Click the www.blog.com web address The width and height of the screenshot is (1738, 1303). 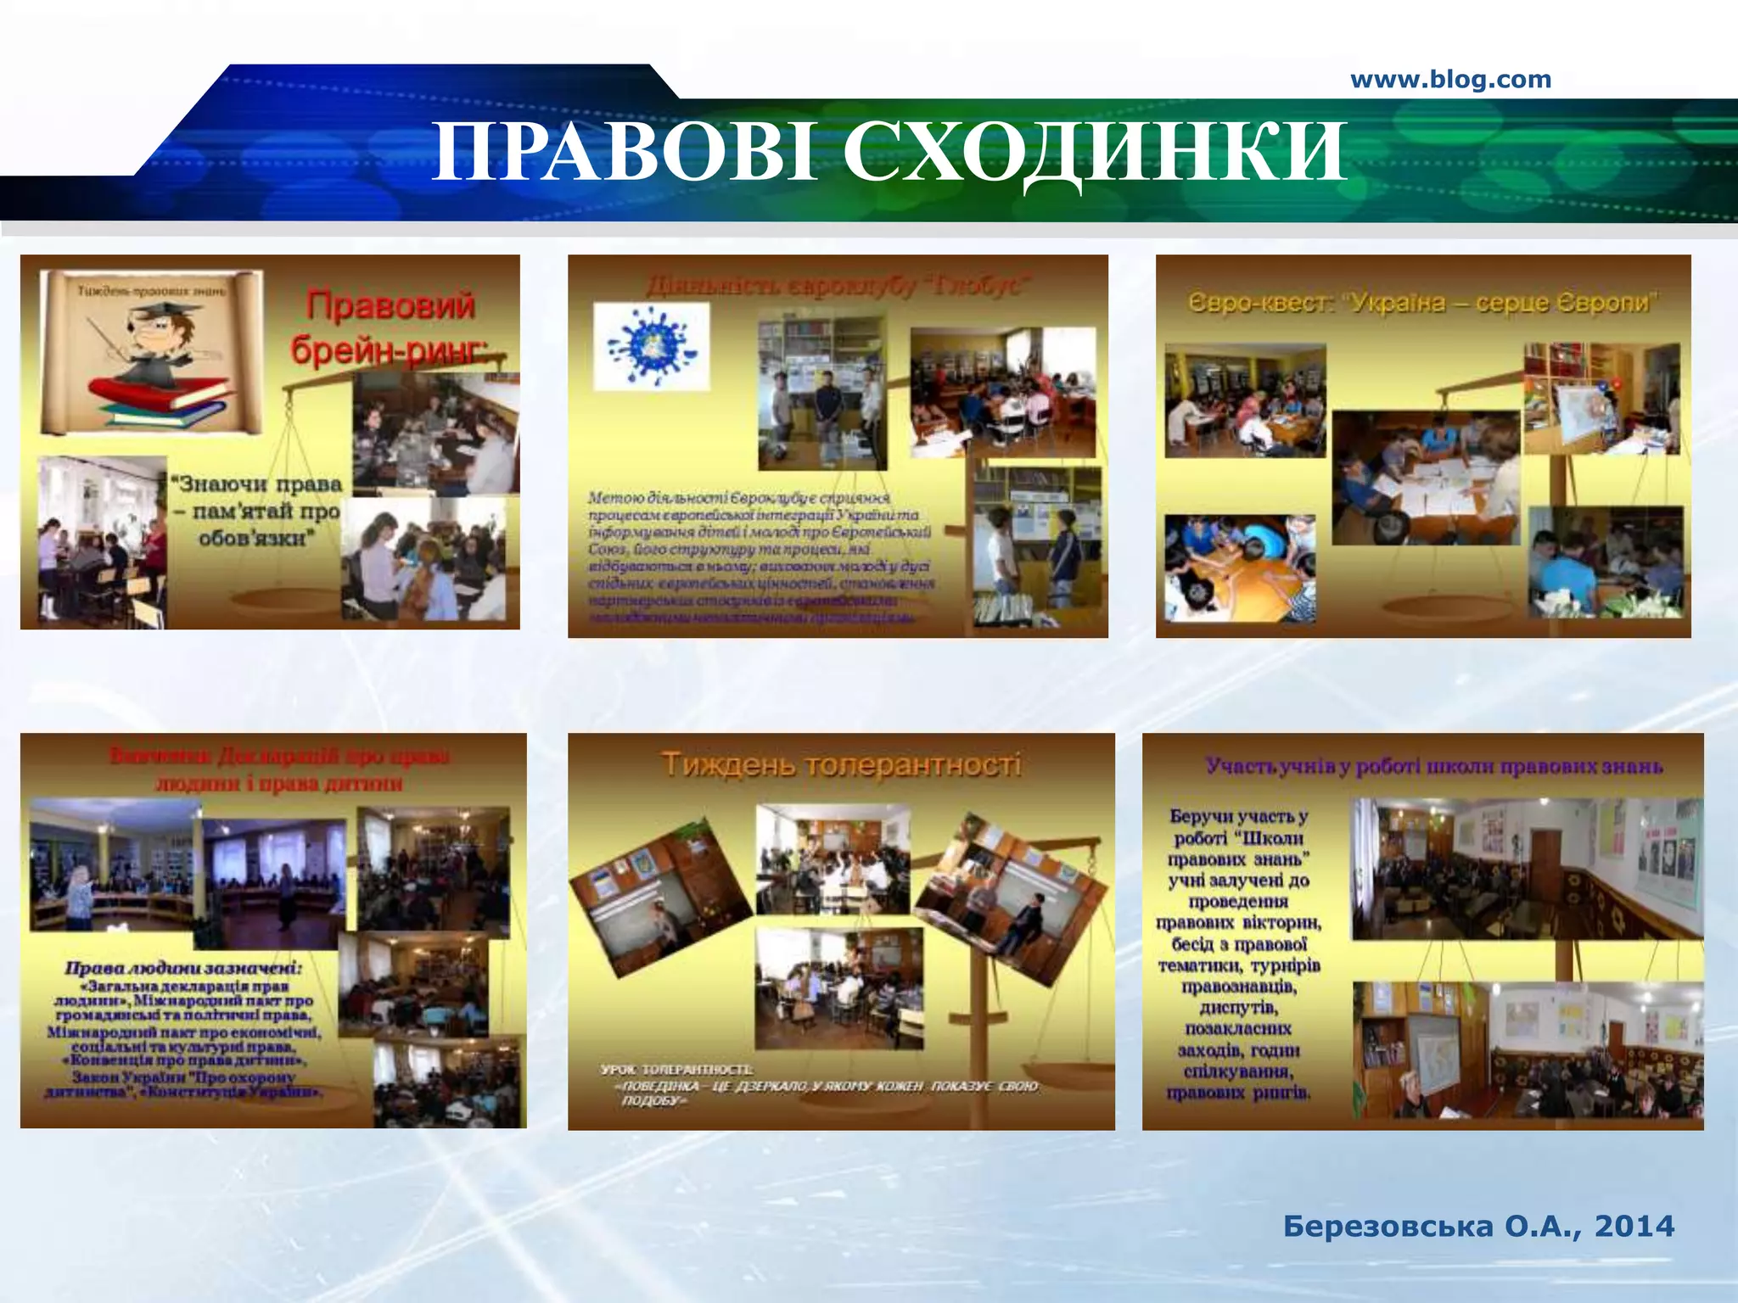1450,80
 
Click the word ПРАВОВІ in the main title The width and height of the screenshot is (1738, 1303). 624,153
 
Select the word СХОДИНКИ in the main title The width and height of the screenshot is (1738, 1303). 1094,153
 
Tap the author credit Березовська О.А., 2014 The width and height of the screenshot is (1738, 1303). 1478,1226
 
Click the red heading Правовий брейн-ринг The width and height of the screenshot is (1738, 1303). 390,327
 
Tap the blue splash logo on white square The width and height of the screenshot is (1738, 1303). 651,346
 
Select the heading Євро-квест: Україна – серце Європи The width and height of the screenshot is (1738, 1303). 1422,303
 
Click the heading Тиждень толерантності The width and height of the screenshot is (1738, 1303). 840,765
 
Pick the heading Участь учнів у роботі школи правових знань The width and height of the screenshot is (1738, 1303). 1433,767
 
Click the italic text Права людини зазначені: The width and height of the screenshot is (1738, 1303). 183,968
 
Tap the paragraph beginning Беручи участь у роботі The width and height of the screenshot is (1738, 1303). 1239,953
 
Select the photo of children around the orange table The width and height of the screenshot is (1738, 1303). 1240,568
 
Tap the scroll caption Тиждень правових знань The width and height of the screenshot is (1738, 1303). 152,291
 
